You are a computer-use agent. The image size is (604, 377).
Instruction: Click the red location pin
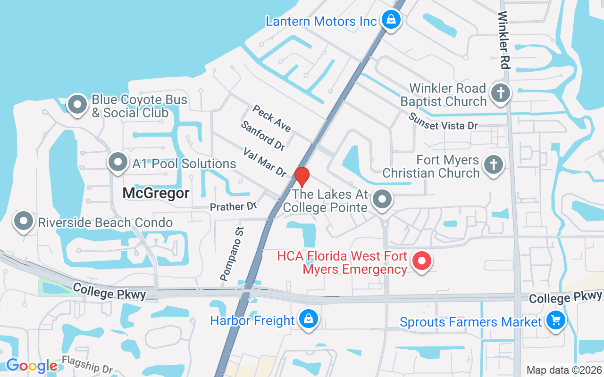click(x=302, y=177)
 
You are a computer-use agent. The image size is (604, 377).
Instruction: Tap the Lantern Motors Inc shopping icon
click(x=391, y=19)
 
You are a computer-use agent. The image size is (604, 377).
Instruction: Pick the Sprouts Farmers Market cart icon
click(x=555, y=320)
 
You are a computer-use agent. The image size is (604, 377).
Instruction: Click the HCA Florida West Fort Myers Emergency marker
click(x=422, y=261)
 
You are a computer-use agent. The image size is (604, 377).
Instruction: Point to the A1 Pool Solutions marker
click(x=118, y=163)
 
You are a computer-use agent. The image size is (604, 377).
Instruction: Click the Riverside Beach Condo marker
click(x=24, y=221)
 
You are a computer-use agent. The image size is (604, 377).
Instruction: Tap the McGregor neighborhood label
click(x=156, y=193)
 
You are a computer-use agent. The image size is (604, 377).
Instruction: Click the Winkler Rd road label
click(x=503, y=40)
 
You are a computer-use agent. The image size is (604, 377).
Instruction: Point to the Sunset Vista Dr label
click(x=443, y=122)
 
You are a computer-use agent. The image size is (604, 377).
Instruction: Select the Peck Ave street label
click(x=271, y=118)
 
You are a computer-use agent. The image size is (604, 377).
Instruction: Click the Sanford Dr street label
click(x=263, y=136)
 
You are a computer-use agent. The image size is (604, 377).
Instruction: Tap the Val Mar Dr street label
click(x=264, y=162)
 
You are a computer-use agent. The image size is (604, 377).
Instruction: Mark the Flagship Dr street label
click(x=87, y=364)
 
